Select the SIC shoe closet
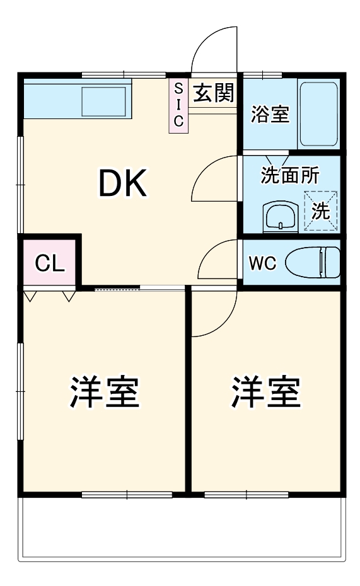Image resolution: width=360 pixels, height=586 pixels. [178, 105]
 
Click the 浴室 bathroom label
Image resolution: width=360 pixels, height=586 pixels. [270, 115]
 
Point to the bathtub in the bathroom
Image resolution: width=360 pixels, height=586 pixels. [318, 113]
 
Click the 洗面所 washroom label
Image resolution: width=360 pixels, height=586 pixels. [290, 176]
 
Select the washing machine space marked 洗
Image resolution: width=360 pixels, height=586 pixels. [321, 211]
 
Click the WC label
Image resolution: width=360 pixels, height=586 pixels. [262, 263]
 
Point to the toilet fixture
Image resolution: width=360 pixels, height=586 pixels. [313, 262]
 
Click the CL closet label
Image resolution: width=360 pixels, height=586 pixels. [49, 263]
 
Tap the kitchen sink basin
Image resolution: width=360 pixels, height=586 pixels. [104, 101]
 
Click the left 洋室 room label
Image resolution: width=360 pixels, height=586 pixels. [104, 391]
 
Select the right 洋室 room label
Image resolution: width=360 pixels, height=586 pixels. [265, 391]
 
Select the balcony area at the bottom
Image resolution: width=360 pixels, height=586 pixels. [183, 529]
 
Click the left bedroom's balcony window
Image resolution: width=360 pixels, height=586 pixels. [127, 495]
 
